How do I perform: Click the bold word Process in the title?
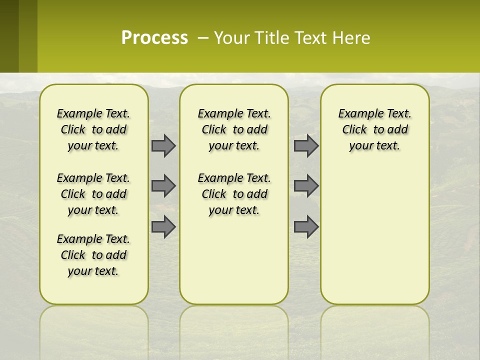[x=154, y=38]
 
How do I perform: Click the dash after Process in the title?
[x=203, y=38]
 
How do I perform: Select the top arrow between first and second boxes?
[x=163, y=146]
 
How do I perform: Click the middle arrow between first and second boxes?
[x=163, y=186]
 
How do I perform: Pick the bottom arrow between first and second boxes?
[x=163, y=227]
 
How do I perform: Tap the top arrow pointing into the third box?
[x=306, y=146]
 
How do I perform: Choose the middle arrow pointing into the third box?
[x=306, y=186]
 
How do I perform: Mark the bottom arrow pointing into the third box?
[x=306, y=227]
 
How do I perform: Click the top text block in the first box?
[x=93, y=129]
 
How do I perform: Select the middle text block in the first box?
[x=93, y=194]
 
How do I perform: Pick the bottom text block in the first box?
[x=93, y=255]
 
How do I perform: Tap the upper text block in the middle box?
[x=234, y=129]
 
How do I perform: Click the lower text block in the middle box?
[x=234, y=194]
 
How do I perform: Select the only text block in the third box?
[x=374, y=129]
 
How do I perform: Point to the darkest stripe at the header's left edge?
[x=9, y=36]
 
